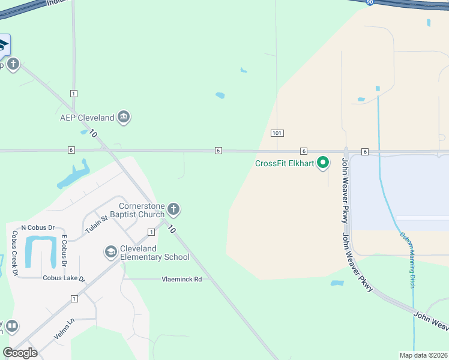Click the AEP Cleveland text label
[87, 118]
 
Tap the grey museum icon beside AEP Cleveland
[124, 117]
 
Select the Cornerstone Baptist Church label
[142, 210]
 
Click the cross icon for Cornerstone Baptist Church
[173, 209]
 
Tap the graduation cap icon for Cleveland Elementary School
[110, 252]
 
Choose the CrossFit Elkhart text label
[285, 163]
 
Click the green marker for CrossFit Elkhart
[323, 163]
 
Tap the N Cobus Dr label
[38, 227]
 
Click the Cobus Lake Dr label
[64, 278]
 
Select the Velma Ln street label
[64, 329]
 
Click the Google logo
[20, 352]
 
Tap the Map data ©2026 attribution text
[423, 355]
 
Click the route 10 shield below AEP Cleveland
[93, 133]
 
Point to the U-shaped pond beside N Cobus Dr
[40, 250]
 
